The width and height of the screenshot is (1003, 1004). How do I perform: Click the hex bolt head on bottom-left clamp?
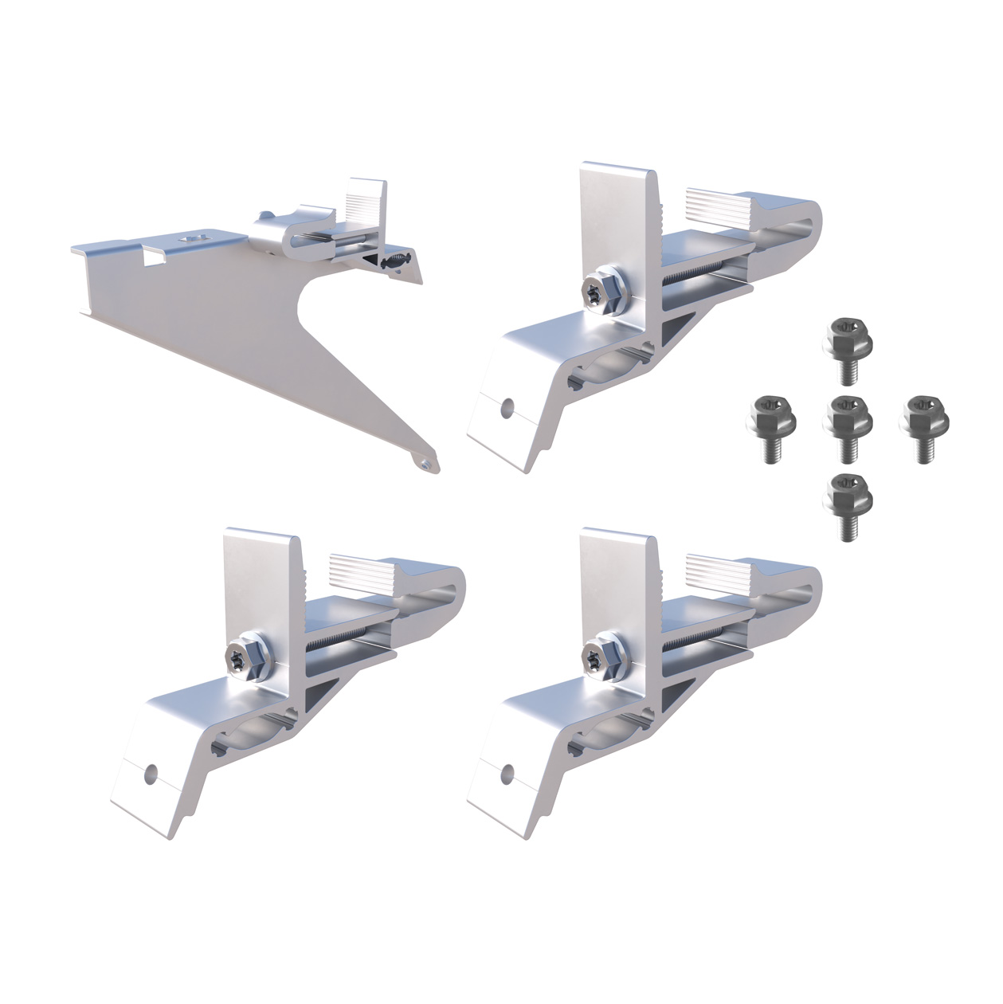pyautogui.click(x=244, y=655)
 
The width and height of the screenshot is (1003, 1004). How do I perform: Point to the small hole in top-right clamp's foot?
pyautogui.click(x=505, y=406)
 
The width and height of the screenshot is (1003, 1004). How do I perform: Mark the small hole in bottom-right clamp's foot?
pyautogui.click(x=505, y=771)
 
